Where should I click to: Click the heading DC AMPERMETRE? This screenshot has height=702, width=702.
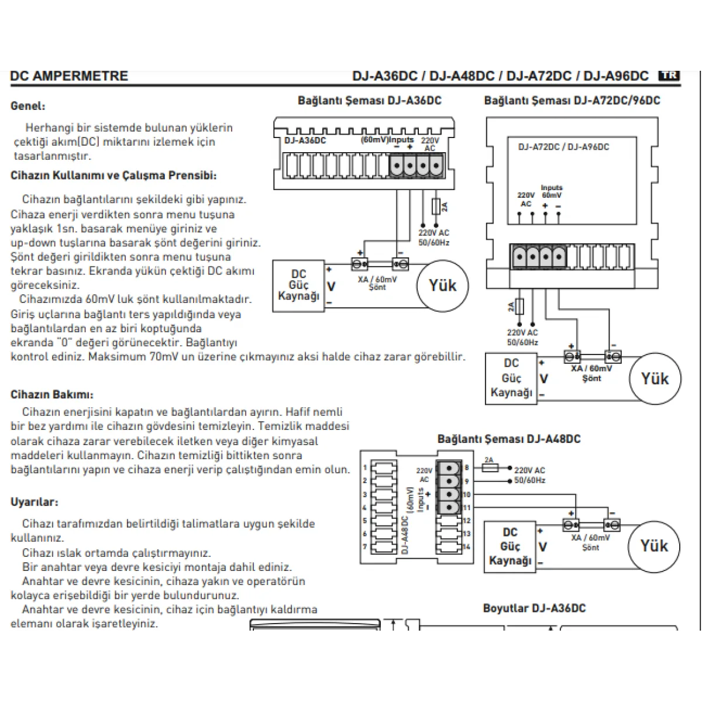coord(69,76)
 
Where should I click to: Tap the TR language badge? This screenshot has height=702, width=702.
coord(669,75)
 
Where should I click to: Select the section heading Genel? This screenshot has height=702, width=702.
coord(28,106)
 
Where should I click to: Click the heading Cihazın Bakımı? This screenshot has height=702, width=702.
coord(52,395)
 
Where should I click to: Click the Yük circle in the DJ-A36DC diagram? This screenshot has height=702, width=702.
coord(442,285)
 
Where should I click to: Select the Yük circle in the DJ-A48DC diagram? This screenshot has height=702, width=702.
coord(653,546)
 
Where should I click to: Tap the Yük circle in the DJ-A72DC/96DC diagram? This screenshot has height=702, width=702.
coord(655,378)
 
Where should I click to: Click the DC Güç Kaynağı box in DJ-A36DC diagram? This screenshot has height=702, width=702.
coord(298,285)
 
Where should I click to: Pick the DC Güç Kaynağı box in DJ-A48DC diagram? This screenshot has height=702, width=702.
coord(510,546)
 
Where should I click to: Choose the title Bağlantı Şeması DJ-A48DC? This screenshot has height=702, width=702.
coord(509,439)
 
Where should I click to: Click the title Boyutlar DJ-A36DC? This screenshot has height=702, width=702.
coord(534,608)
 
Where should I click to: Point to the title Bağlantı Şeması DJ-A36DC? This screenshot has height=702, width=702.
coord(369,101)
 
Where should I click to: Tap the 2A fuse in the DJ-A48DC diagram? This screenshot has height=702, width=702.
coord(490,467)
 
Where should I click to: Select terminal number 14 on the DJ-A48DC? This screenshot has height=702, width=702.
coord(466,547)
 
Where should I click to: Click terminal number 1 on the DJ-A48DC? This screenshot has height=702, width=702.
coord(364,467)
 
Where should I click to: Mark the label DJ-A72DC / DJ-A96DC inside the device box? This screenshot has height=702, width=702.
coord(563,147)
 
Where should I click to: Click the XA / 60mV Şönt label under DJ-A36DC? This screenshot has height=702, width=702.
coord(377,283)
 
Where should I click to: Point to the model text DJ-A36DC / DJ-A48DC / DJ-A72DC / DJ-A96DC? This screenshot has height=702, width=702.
coord(500,76)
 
